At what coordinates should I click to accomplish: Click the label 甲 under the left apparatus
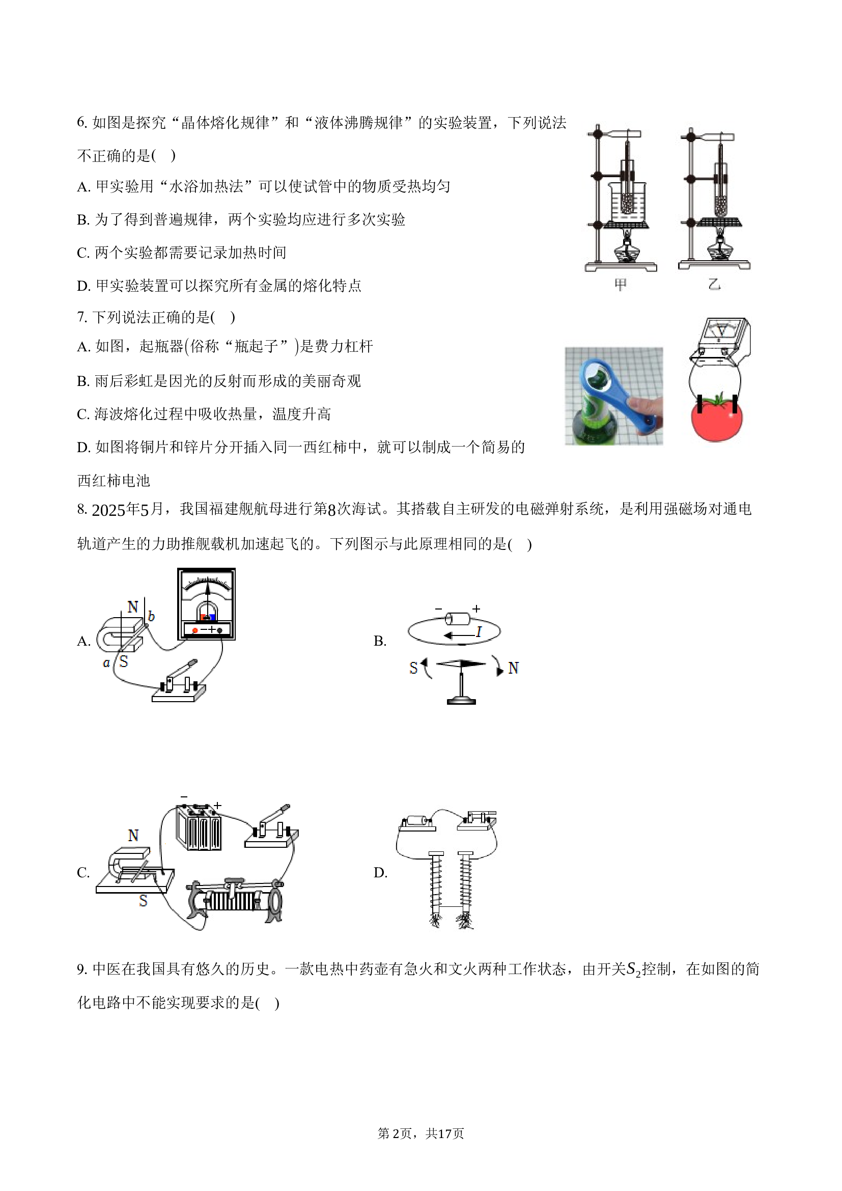tap(620, 284)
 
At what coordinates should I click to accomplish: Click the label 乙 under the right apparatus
tap(714, 284)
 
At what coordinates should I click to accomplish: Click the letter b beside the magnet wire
tap(151, 616)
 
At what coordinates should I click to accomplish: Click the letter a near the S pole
tap(106, 663)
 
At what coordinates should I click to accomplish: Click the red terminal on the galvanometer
tap(195, 630)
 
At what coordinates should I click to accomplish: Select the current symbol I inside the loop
tap(479, 632)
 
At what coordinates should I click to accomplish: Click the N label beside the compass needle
tap(513, 668)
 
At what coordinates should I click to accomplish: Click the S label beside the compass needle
tap(413, 668)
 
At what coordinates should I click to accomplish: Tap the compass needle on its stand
tap(461, 663)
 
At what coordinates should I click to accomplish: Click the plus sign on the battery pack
tap(218, 806)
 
